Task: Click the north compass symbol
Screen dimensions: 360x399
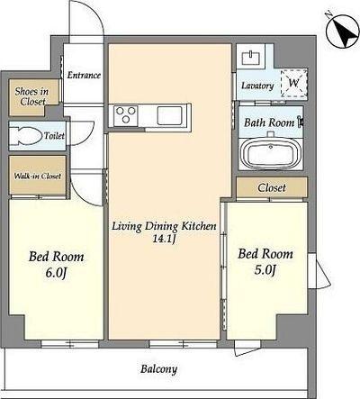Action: click(x=343, y=31)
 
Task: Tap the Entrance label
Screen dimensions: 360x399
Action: click(x=84, y=75)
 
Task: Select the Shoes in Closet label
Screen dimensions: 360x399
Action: click(x=31, y=96)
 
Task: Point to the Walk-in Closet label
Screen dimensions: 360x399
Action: click(x=38, y=176)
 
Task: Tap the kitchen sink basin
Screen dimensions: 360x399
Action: click(x=170, y=115)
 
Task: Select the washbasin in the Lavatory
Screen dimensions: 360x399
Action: click(x=251, y=57)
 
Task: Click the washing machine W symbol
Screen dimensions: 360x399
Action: click(x=293, y=83)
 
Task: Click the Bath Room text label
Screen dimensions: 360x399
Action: click(x=269, y=122)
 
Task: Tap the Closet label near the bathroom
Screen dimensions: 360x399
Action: click(x=272, y=188)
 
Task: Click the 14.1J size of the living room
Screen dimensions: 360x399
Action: click(x=164, y=240)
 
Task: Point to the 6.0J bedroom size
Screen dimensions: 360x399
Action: click(x=56, y=273)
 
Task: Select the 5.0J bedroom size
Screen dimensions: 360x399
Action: click(x=265, y=270)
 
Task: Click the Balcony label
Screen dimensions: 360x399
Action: click(x=159, y=369)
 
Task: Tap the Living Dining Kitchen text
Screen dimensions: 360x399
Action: click(x=164, y=226)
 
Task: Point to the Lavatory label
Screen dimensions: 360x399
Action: click(x=257, y=86)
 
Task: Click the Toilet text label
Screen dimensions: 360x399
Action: click(x=54, y=136)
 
